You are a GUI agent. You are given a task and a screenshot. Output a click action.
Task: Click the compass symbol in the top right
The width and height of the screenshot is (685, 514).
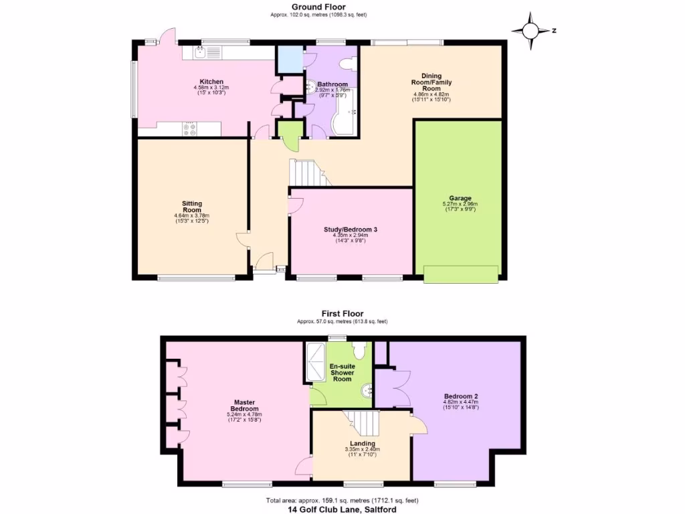530,31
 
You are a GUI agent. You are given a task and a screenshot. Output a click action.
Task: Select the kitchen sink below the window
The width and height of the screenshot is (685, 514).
199,51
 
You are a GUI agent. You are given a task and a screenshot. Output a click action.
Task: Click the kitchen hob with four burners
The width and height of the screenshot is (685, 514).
189,128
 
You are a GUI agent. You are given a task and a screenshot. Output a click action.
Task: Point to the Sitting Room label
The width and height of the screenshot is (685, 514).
191,207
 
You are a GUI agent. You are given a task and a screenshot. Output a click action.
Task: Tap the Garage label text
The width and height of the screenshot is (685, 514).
460,198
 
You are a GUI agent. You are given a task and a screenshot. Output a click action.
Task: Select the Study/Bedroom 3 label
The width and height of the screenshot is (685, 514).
355,230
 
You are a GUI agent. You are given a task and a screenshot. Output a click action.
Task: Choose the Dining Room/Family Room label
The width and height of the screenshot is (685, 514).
431,82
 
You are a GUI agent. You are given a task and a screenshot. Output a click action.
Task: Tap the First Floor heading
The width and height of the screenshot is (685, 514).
342,313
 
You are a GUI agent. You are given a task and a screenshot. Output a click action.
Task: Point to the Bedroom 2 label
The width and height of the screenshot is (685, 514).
460,396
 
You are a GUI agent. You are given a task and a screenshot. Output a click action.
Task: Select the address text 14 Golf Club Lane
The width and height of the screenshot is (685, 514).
342,509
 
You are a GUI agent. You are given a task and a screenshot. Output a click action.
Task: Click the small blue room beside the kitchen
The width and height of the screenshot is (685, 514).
290,59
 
